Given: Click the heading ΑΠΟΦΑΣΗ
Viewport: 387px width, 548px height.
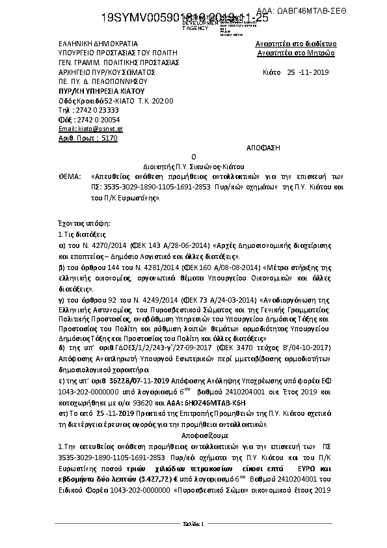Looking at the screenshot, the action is point(264,148).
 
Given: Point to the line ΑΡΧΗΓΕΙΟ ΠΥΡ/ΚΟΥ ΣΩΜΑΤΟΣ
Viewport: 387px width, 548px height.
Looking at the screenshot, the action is point(98,72).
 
